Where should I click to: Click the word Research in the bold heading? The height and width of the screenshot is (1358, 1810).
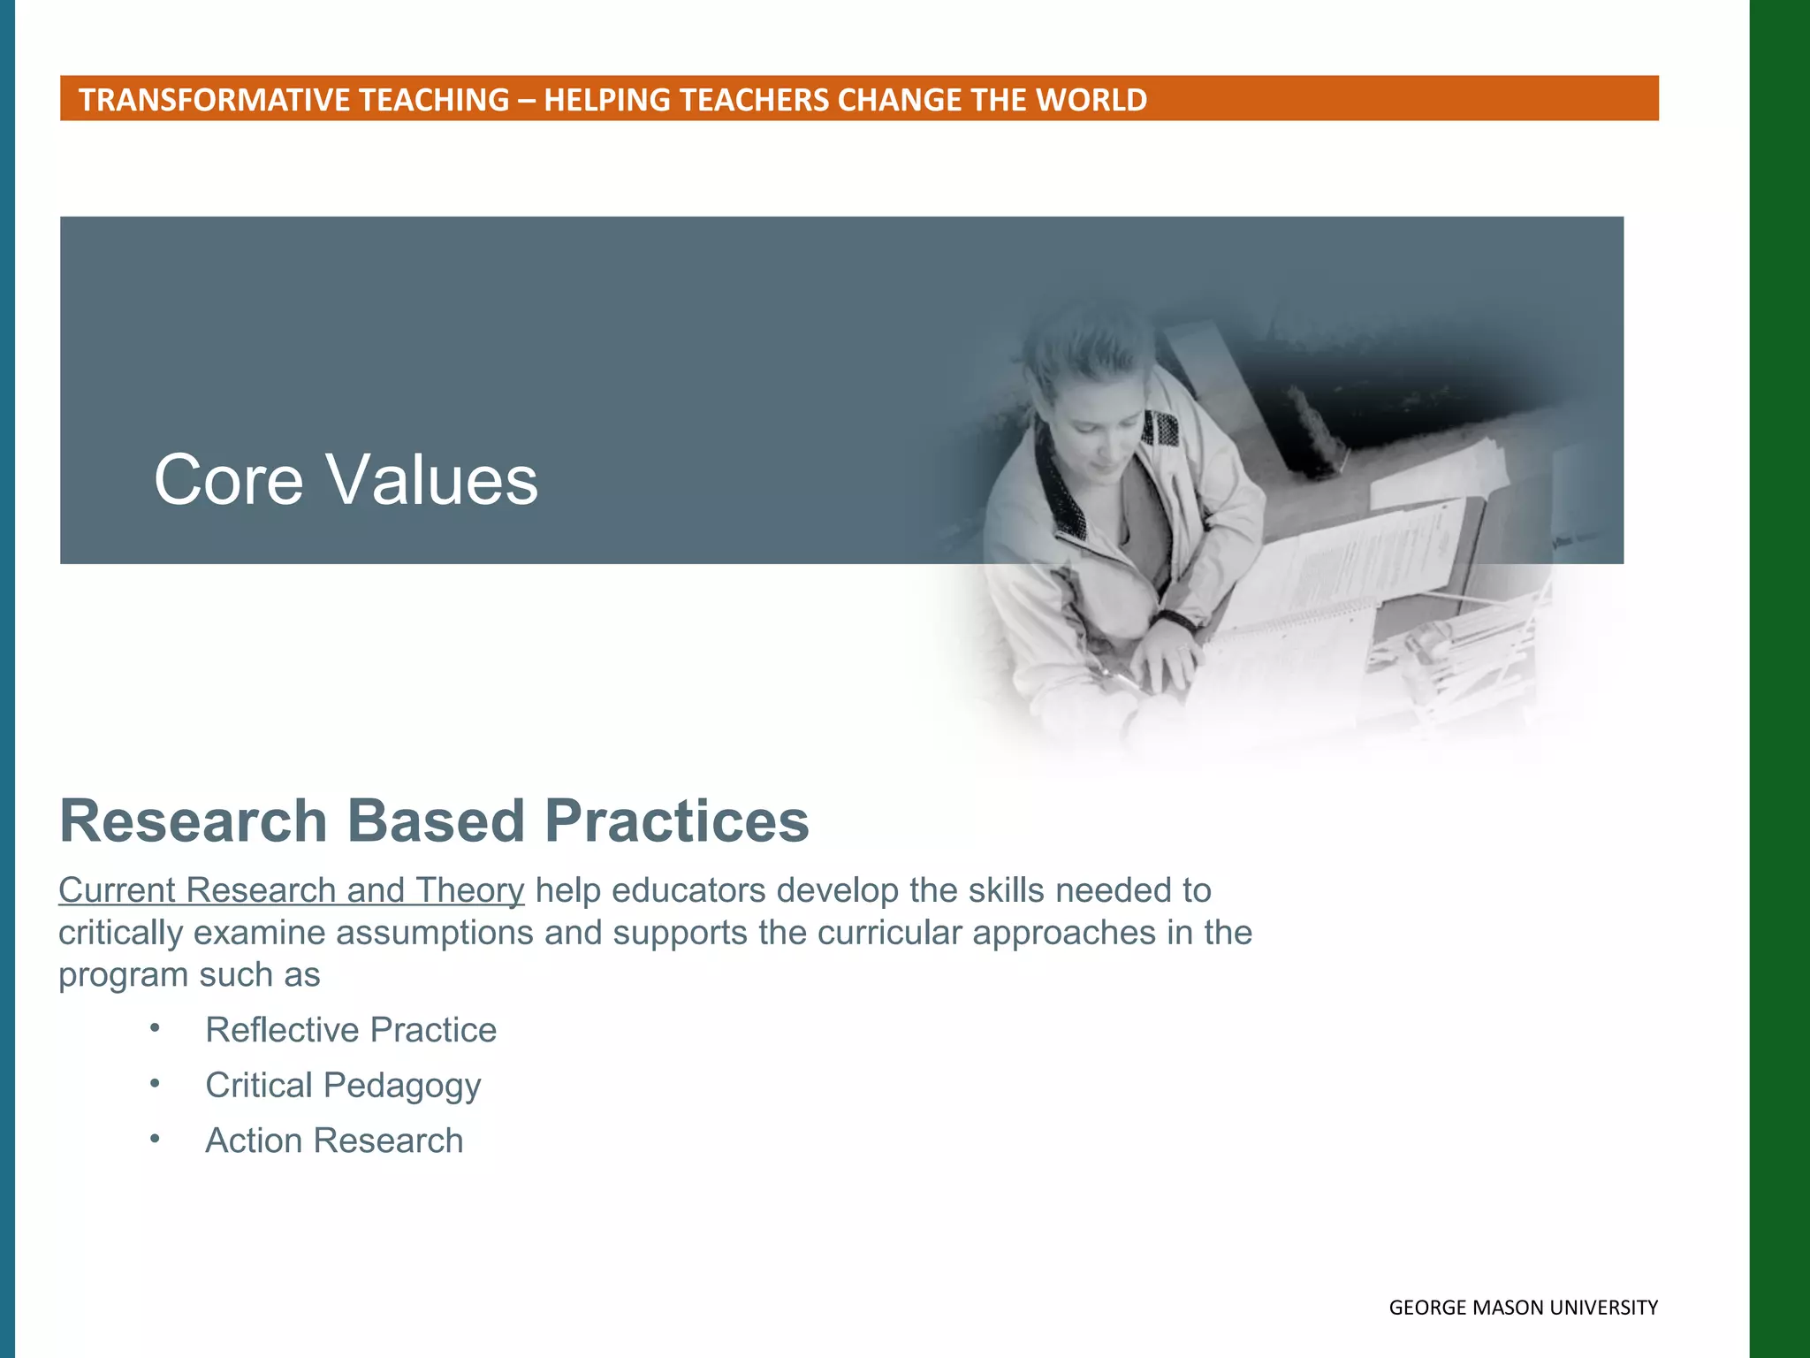(x=194, y=821)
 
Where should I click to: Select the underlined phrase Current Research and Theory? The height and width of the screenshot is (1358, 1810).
(x=291, y=890)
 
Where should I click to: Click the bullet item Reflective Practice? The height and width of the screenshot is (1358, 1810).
(x=351, y=1030)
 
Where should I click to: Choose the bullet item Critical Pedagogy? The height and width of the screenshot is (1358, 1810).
(x=343, y=1086)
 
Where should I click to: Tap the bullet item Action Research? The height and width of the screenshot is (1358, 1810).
(x=334, y=1141)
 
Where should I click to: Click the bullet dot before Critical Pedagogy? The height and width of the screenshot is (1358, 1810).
(x=155, y=1083)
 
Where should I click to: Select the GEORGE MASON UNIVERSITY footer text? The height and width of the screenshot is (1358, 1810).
(x=1523, y=1308)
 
